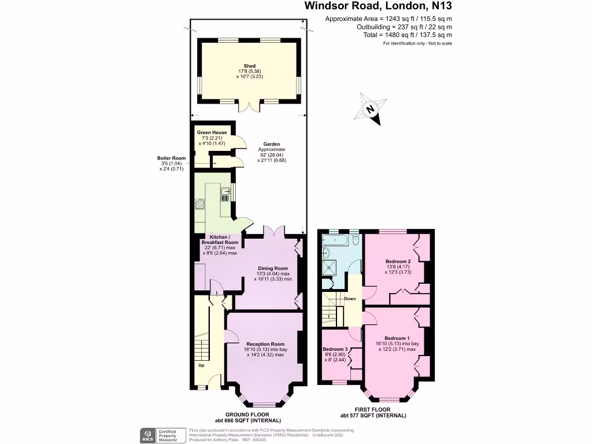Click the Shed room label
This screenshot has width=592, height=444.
pyautogui.click(x=250, y=66)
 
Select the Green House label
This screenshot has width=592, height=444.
pyautogui.click(x=212, y=132)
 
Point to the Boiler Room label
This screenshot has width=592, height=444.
pyautogui.click(x=171, y=158)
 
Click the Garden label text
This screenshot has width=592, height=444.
pyautogui.click(x=272, y=144)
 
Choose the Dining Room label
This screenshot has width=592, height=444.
pyautogui.click(x=272, y=268)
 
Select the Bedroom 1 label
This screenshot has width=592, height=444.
pyautogui.click(x=397, y=338)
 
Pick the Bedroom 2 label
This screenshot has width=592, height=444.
pyautogui.click(x=398, y=261)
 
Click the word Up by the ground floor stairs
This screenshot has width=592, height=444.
pyautogui.click(x=201, y=365)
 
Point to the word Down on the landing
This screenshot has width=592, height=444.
pyautogui.click(x=350, y=299)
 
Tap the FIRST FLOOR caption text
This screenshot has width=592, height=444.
pyautogui.click(x=373, y=409)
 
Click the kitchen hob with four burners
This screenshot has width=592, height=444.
pyautogui.click(x=201, y=203)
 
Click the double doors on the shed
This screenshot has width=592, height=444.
pyautogui.click(x=250, y=106)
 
